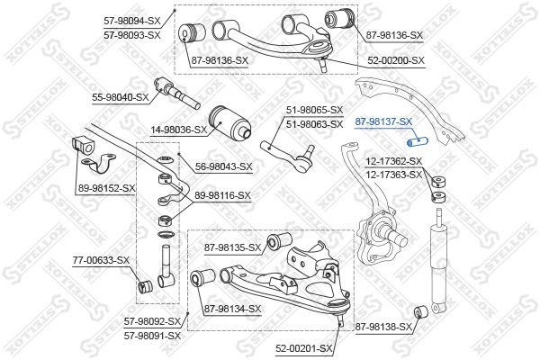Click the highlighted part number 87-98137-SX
[383, 121]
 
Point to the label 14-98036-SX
[178, 130]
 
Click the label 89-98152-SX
[107, 188]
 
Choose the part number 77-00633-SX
[101, 261]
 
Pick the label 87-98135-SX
[232, 247]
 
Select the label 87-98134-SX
[232, 309]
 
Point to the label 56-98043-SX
[224, 166]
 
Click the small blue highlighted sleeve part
[421, 142]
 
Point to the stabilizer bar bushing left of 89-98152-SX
[81, 146]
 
